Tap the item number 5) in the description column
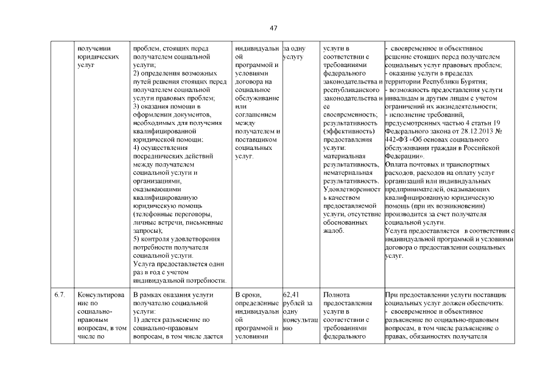[136, 239]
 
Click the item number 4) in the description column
[136, 147]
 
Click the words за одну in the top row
[295, 48]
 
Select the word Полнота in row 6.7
[337, 295]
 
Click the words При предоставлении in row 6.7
[416, 295]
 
